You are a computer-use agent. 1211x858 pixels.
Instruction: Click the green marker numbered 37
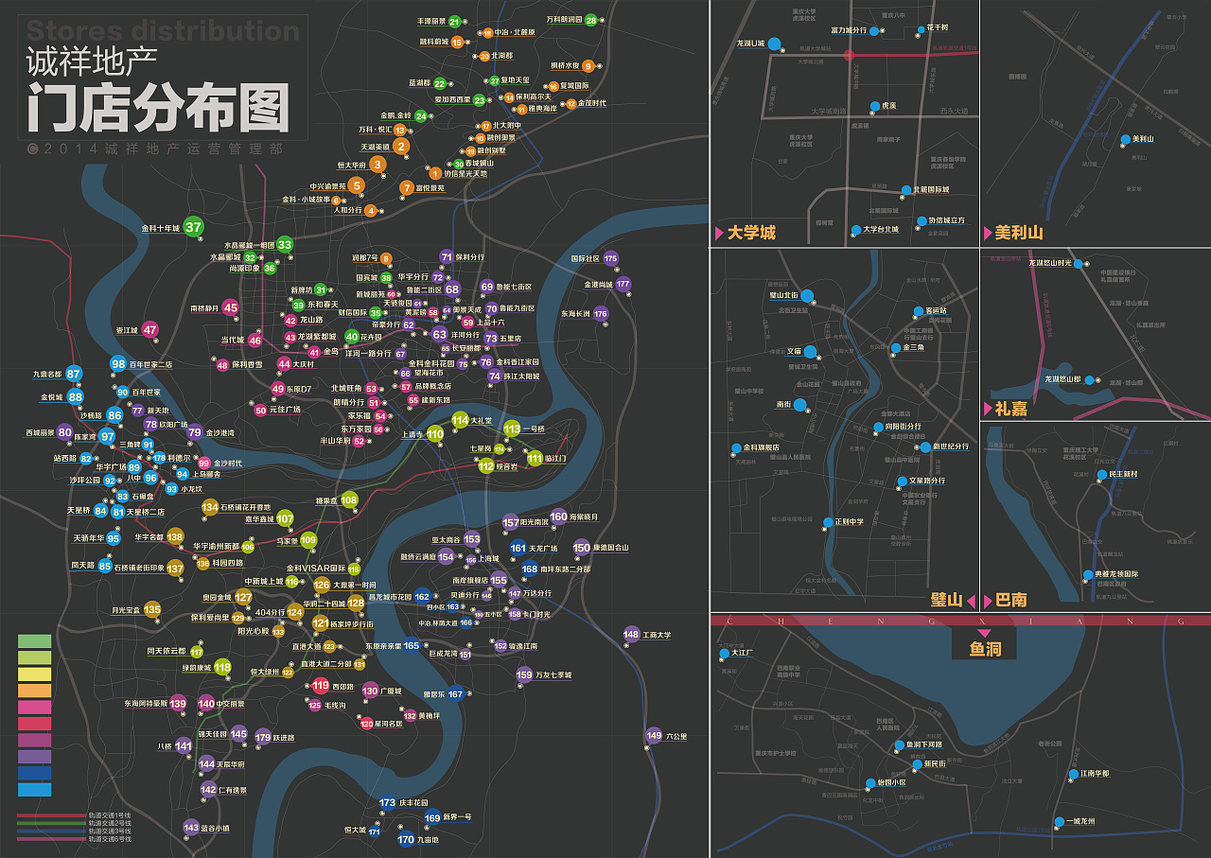(193, 227)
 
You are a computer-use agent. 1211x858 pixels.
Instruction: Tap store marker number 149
(654, 735)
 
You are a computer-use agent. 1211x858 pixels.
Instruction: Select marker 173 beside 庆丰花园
(387, 803)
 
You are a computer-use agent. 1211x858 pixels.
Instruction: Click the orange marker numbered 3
(377, 165)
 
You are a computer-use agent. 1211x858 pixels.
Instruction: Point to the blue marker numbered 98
(118, 364)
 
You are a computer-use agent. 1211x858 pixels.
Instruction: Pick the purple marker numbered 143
(191, 827)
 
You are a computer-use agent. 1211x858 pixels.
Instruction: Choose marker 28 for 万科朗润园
(591, 20)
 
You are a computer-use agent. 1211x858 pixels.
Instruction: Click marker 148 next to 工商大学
(631, 634)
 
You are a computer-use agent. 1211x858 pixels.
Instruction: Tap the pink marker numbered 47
(150, 330)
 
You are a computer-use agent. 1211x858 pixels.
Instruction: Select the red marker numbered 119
(321, 686)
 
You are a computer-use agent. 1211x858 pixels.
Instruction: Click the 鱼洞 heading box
(984, 649)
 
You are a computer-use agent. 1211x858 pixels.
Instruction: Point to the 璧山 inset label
(946, 600)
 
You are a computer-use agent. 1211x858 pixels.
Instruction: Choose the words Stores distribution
(163, 31)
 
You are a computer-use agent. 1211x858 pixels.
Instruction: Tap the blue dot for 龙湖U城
(774, 44)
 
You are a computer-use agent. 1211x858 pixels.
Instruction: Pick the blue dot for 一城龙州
(1059, 821)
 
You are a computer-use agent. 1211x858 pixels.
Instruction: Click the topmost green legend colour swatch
(34, 641)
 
